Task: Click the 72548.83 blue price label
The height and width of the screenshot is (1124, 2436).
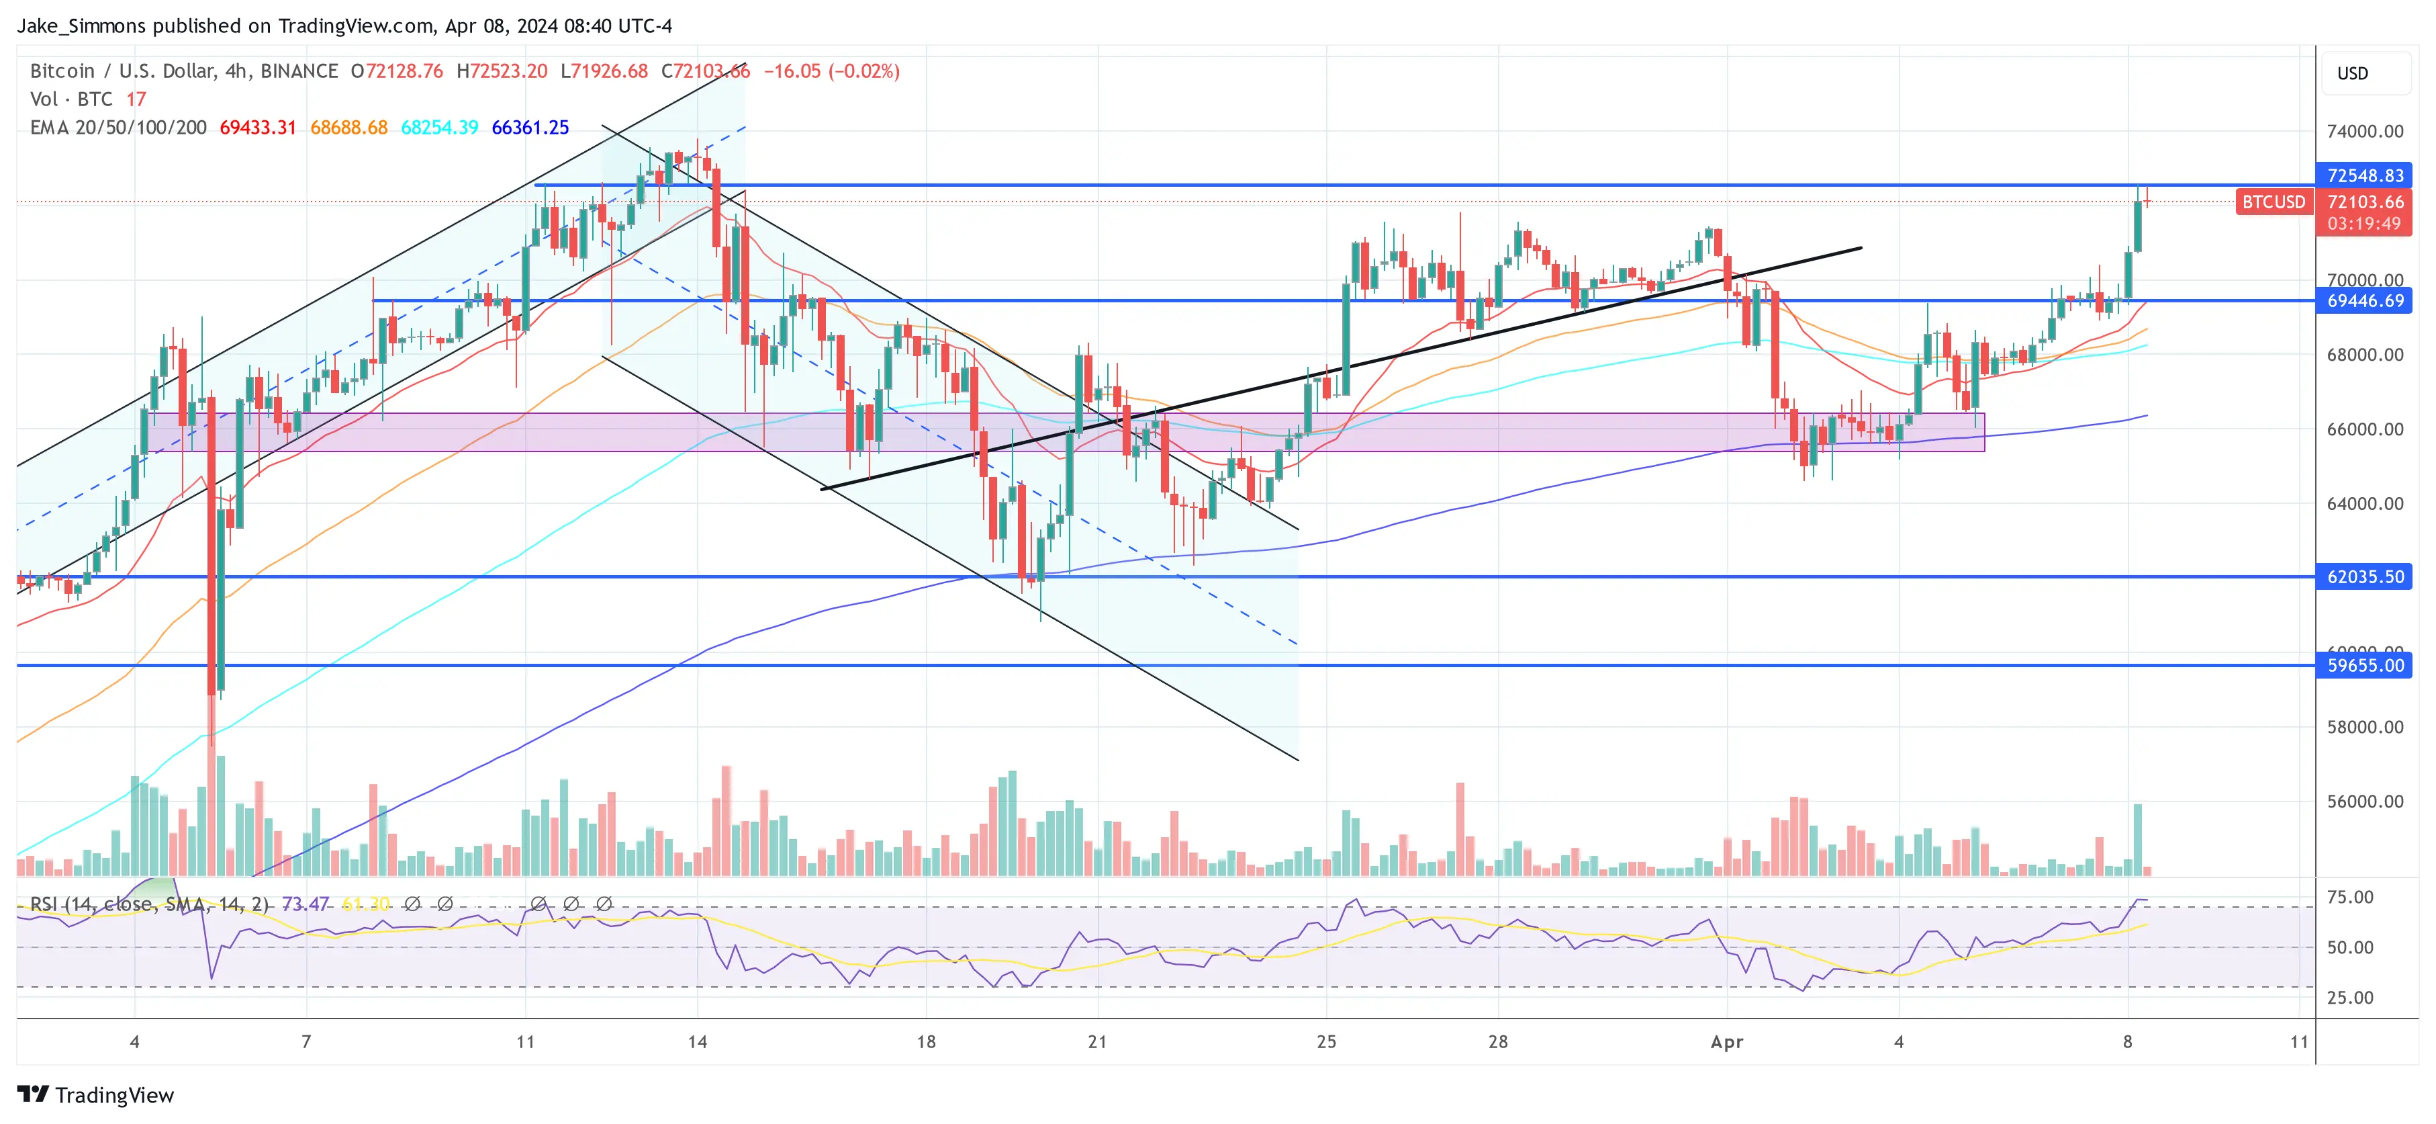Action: tap(2363, 175)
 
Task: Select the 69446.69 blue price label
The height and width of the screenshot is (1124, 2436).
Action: tap(2363, 301)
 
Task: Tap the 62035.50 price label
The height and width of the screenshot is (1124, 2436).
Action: tap(2363, 576)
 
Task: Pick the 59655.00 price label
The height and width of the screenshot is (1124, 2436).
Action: tap(2363, 665)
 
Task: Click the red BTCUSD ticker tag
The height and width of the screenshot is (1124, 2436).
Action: tap(2272, 202)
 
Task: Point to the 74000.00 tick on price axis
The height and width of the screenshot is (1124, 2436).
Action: tap(2364, 132)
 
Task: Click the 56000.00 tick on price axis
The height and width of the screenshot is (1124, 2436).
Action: tap(2364, 802)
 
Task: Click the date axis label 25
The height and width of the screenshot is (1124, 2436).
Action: tap(1326, 1041)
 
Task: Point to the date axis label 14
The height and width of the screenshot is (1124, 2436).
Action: tap(697, 1041)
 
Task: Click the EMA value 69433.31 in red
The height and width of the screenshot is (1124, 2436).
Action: tap(257, 128)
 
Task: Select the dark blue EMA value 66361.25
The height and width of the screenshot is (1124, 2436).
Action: tap(530, 128)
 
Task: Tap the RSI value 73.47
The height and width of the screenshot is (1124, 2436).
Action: tap(305, 904)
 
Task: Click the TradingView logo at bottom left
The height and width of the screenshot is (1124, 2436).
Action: tap(95, 1094)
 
